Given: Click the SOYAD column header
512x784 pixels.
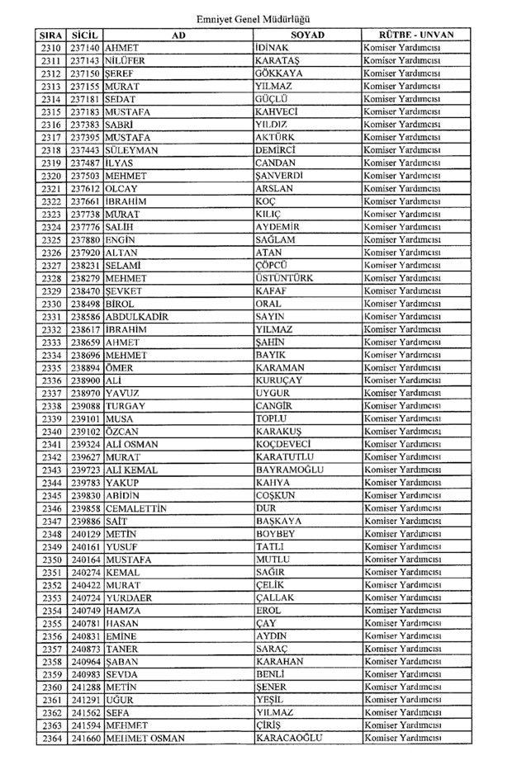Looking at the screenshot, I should [x=307, y=35].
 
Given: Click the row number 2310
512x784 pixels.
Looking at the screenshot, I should [x=50, y=48].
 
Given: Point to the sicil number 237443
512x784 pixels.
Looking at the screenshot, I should [x=85, y=150].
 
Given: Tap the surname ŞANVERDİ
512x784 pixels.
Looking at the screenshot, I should [x=281, y=176].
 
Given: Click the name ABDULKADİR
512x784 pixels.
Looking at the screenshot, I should [x=137, y=316].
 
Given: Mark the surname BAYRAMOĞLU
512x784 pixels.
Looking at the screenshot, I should [x=289, y=470].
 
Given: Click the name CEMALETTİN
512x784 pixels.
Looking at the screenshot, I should [x=136, y=508].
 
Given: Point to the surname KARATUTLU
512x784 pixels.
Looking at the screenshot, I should [x=286, y=456].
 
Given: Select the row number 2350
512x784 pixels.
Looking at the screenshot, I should [x=50, y=560].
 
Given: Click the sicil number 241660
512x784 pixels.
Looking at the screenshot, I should [x=85, y=738].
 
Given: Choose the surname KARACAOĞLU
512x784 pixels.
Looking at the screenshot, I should [x=288, y=738].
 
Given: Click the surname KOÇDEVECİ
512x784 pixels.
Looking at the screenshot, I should [x=285, y=444].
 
